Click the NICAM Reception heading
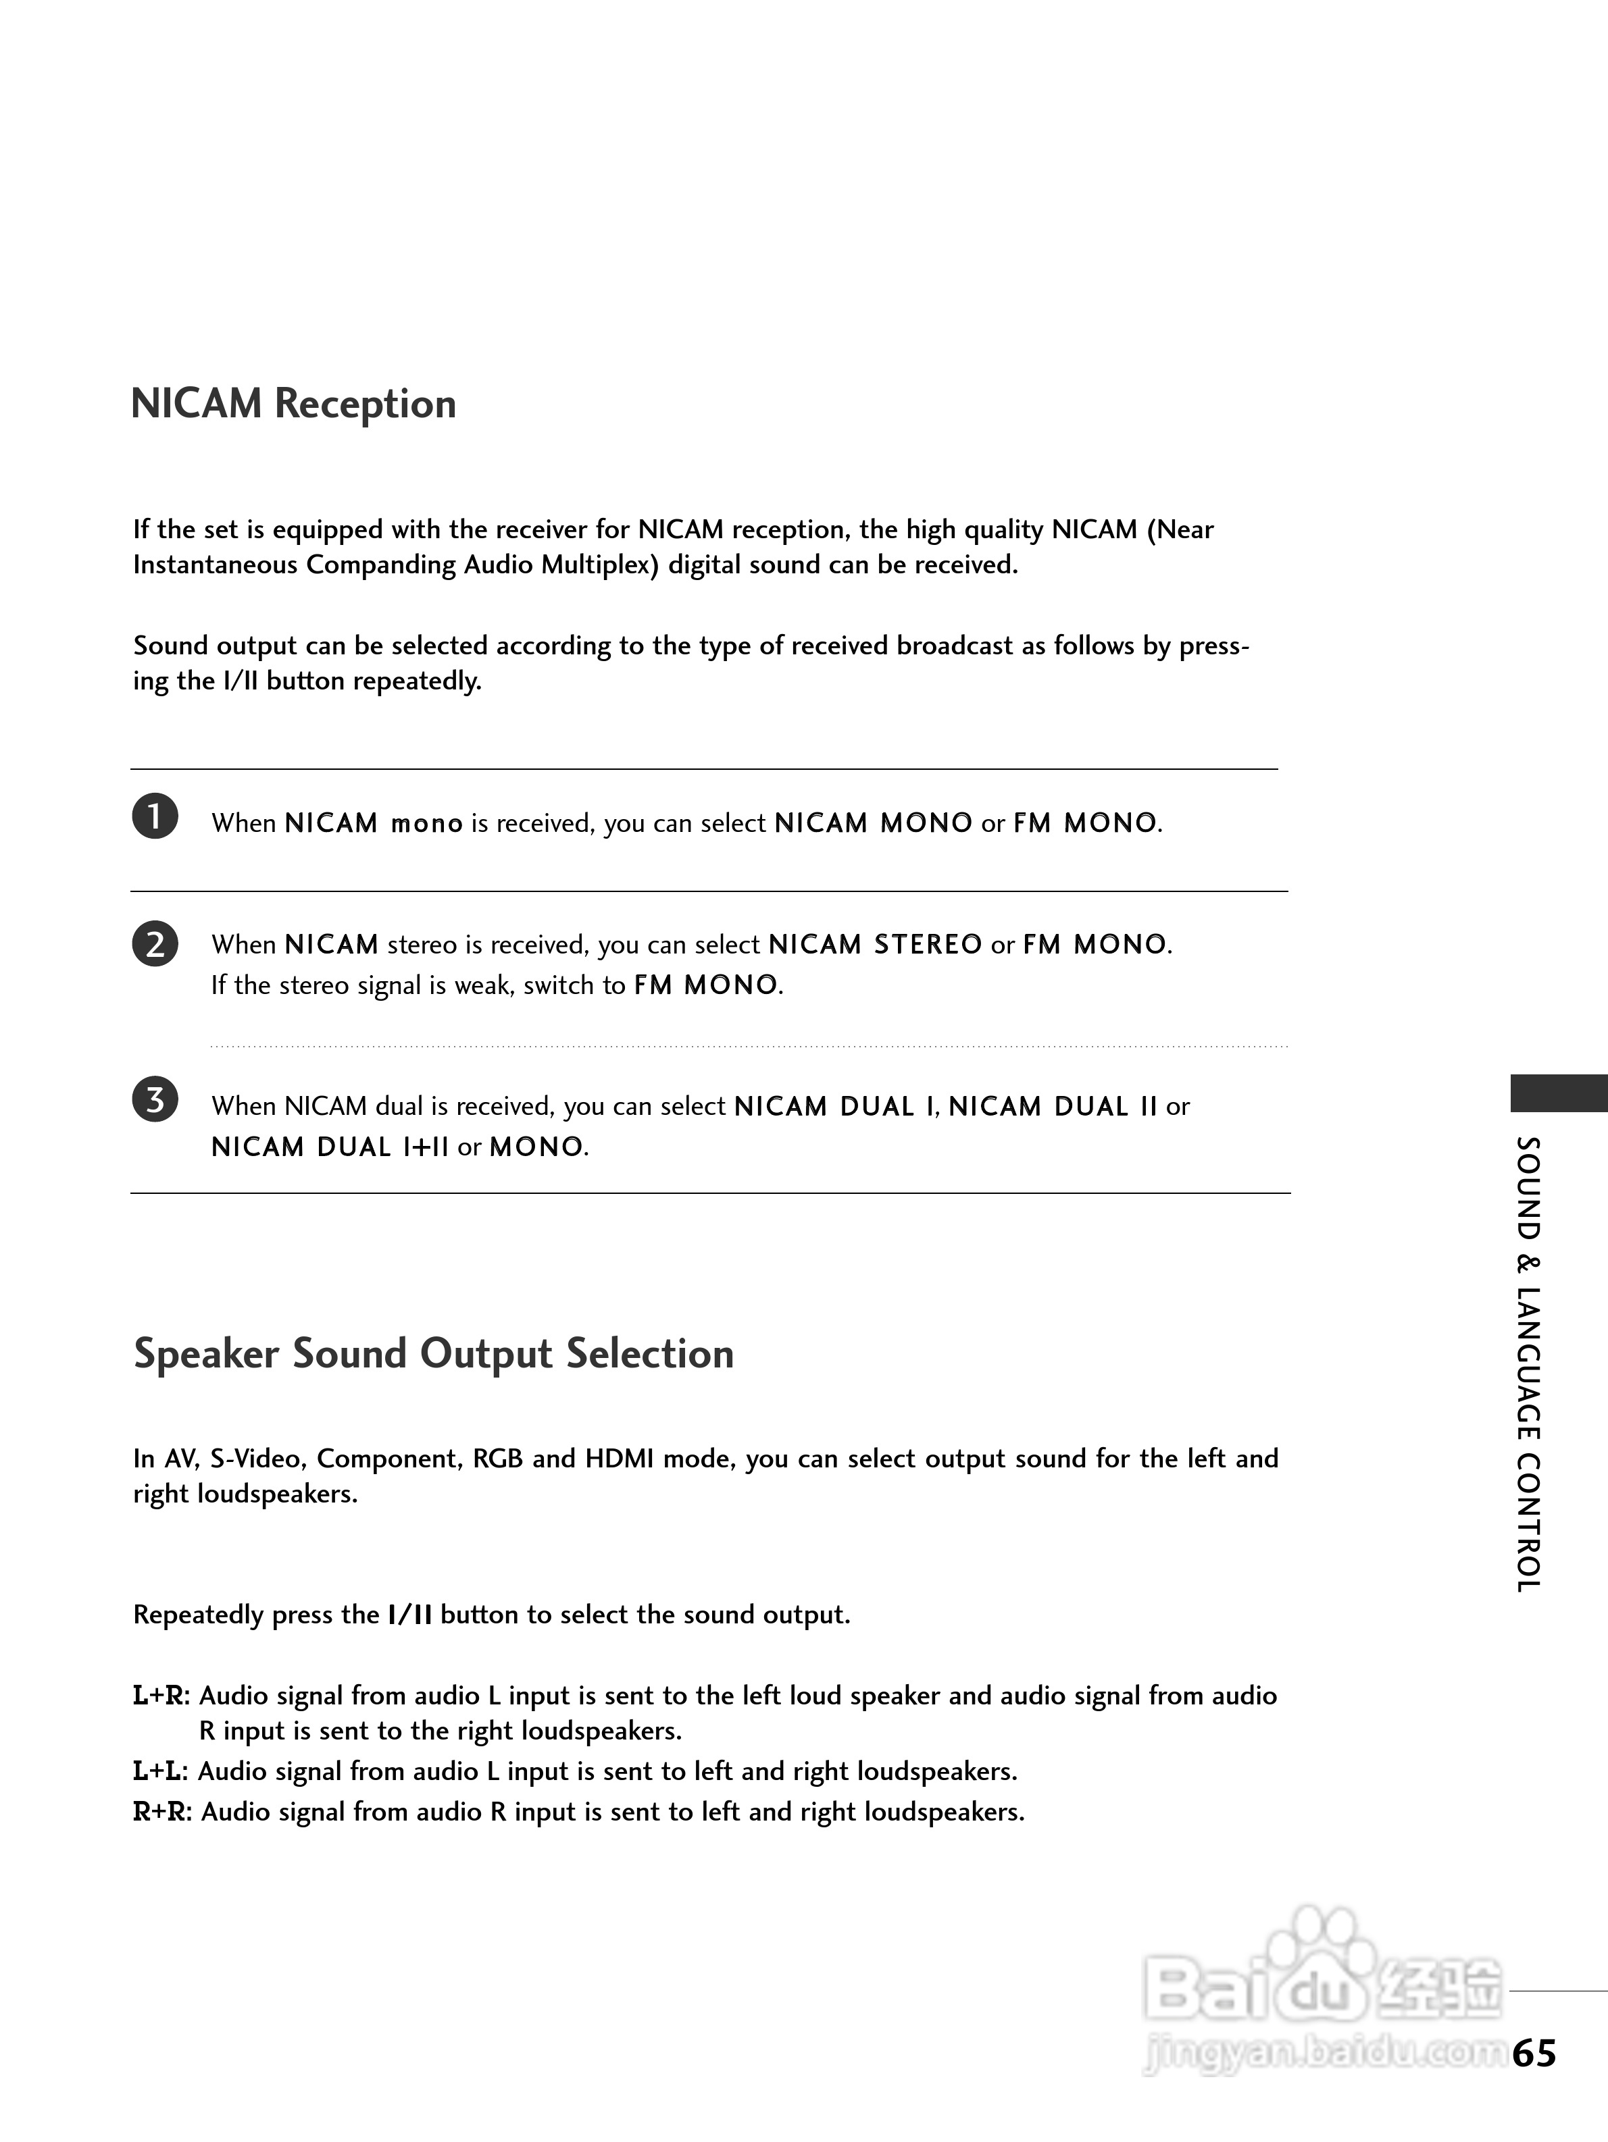pyautogui.click(x=293, y=404)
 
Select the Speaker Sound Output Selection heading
pyautogui.click(x=433, y=1354)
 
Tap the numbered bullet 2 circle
pyautogui.click(x=155, y=943)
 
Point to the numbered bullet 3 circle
pyautogui.click(x=155, y=1100)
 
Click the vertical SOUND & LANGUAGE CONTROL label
pyautogui.click(x=1528, y=1365)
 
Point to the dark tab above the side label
pyautogui.click(x=1559, y=1093)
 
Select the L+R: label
pyautogui.click(x=161, y=1696)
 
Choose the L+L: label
pyautogui.click(x=161, y=1771)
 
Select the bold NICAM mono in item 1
pyautogui.click(x=374, y=823)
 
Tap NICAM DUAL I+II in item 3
pyautogui.click(x=329, y=1147)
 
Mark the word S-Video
pyautogui.click(x=255, y=1459)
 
